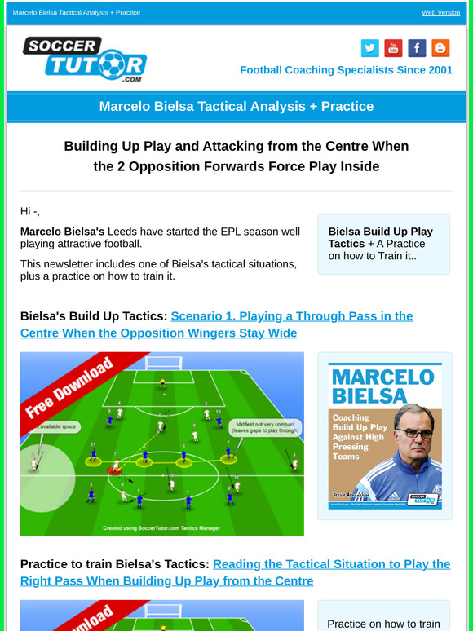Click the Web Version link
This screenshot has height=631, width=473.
click(x=440, y=13)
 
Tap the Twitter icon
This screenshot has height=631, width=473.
click(x=369, y=48)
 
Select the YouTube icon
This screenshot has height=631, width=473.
click(x=393, y=48)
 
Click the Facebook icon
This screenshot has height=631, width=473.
click(x=417, y=48)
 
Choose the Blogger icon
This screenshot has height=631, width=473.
click(x=440, y=48)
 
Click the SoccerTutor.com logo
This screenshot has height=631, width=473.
click(x=84, y=59)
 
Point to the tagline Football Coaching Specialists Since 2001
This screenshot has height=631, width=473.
click(x=346, y=70)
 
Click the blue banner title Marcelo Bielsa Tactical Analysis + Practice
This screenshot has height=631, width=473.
click(x=236, y=107)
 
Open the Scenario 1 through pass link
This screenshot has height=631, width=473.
click(x=291, y=316)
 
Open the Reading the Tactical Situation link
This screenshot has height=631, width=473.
click(x=330, y=564)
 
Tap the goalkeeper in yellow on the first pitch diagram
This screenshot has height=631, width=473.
click(x=162, y=382)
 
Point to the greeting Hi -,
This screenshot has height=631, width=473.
click(x=30, y=211)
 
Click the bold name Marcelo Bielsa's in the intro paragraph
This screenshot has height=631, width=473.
click(x=62, y=232)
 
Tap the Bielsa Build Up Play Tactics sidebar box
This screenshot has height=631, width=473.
click(x=382, y=244)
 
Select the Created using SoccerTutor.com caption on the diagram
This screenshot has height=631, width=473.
click(x=162, y=527)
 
